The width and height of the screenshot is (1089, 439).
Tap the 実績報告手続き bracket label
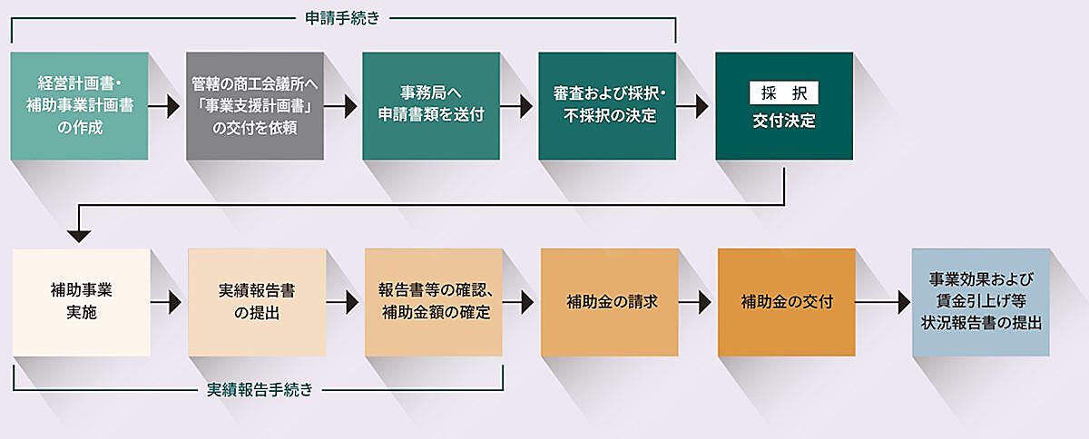click(260, 390)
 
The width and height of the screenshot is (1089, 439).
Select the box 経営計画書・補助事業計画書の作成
click(79, 106)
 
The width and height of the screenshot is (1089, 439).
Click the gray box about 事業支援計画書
click(255, 106)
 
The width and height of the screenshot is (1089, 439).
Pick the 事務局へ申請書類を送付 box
click(431, 106)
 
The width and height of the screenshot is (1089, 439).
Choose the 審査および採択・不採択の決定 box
click(607, 106)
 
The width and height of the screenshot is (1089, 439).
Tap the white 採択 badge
click(784, 93)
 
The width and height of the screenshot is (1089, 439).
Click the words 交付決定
click(784, 121)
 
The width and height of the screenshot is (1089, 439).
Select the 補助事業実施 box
click(81, 302)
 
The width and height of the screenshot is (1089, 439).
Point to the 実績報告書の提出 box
click(257, 302)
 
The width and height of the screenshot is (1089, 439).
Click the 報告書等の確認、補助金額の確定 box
click(434, 302)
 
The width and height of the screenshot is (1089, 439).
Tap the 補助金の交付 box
click(786, 302)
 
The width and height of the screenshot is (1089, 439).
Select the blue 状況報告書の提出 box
click(980, 302)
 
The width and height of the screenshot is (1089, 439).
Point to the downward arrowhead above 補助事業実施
click(80, 235)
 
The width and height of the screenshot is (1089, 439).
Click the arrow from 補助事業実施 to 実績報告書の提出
click(168, 302)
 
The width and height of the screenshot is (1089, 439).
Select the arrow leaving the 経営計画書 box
click(166, 106)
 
